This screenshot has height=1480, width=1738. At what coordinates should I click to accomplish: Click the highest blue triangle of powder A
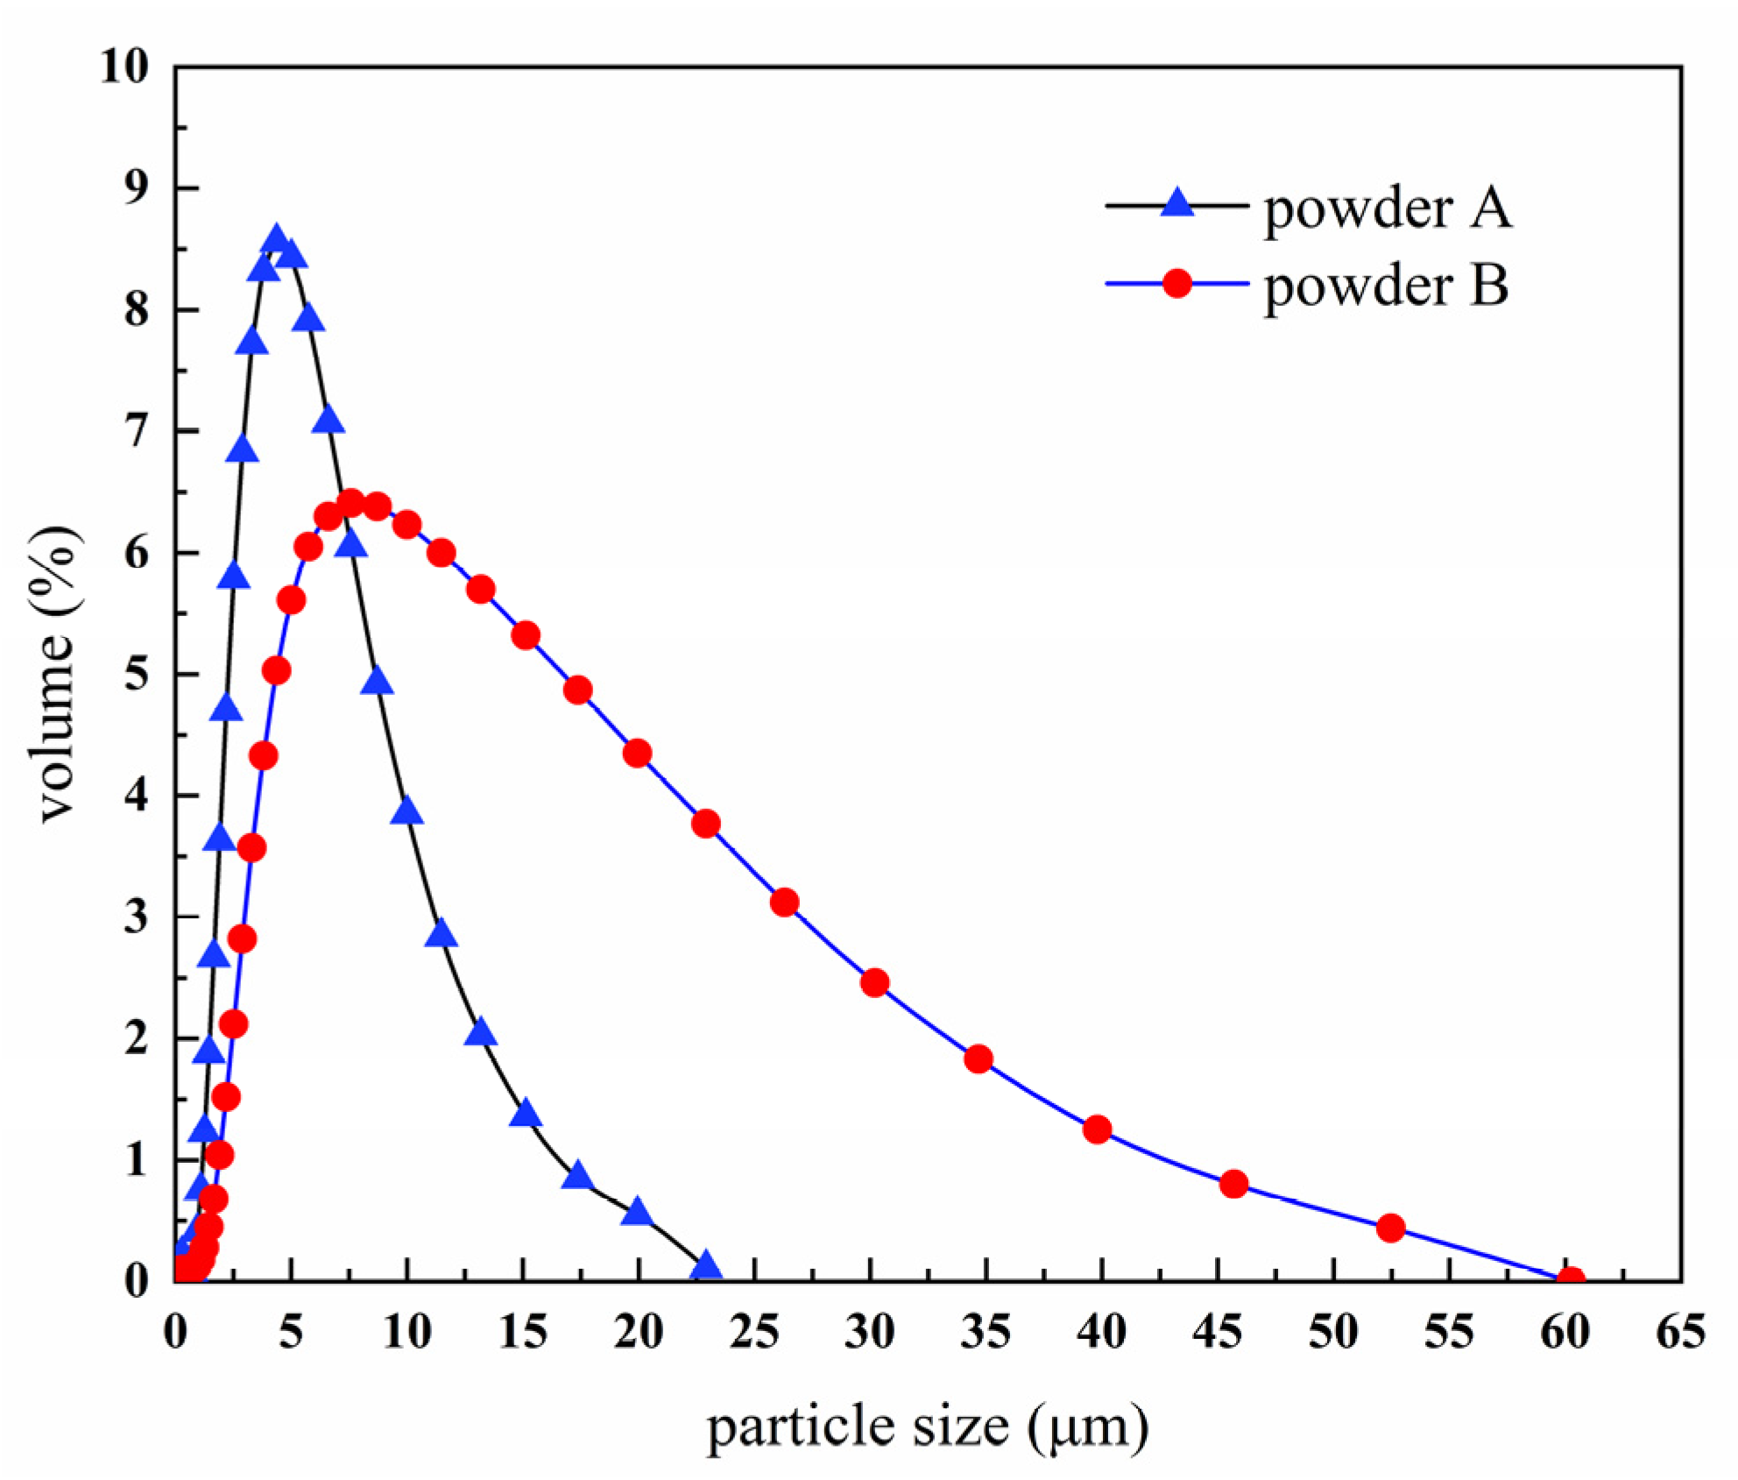(277, 239)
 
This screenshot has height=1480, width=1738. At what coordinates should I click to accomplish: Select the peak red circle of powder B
(350, 503)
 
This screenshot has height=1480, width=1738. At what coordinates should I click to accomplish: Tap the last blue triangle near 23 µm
(706, 1266)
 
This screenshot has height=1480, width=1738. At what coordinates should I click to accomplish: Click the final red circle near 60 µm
(1572, 1280)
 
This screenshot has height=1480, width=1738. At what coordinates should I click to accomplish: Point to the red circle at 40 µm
(1097, 1129)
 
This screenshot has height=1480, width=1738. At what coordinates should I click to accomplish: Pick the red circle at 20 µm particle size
(638, 754)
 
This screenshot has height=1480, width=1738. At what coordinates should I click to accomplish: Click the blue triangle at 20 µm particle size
(638, 1213)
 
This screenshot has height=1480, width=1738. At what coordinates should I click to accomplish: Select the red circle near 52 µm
(1390, 1228)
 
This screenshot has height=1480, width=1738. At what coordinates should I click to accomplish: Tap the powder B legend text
(1387, 285)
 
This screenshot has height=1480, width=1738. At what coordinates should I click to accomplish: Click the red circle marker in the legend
(1177, 283)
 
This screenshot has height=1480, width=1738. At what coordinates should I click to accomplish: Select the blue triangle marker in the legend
(1177, 204)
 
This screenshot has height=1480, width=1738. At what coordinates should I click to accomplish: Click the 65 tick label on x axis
(1680, 1333)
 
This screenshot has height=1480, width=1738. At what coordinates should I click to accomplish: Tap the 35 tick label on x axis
(986, 1333)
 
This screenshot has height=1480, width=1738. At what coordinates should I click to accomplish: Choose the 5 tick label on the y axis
(137, 674)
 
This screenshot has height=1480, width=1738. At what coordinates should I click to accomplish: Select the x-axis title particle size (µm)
(927, 1427)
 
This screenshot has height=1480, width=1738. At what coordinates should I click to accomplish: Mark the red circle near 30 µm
(875, 982)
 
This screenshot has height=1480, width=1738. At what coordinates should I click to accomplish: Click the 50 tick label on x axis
(1332, 1333)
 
